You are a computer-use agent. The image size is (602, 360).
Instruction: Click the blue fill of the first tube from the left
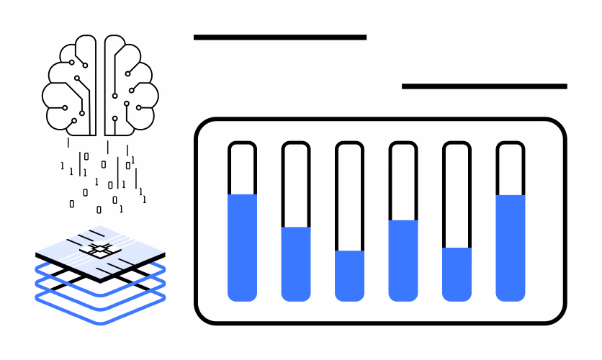click(x=242, y=248)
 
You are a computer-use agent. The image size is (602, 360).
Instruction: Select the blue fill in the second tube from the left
click(x=296, y=264)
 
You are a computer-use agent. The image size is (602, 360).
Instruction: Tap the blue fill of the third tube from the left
click(x=349, y=276)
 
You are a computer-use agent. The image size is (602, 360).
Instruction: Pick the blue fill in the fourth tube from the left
click(x=403, y=261)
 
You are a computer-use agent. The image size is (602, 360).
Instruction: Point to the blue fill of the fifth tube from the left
click(x=457, y=274)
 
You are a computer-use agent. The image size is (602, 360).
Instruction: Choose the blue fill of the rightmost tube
click(x=511, y=248)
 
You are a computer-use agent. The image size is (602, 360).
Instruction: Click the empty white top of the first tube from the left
click(x=242, y=170)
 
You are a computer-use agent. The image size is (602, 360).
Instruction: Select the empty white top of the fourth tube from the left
click(x=403, y=183)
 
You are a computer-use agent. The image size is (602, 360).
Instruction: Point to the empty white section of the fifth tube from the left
click(x=457, y=197)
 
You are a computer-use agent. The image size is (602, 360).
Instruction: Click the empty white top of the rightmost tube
click(x=511, y=170)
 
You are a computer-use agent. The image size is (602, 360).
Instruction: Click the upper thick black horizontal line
click(x=280, y=37)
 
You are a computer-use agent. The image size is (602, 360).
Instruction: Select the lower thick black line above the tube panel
click(x=485, y=86)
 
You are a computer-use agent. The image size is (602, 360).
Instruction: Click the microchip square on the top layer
click(x=100, y=251)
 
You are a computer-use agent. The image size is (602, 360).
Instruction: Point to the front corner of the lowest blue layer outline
click(x=101, y=323)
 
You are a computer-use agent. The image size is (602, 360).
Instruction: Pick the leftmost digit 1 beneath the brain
click(x=62, y=166)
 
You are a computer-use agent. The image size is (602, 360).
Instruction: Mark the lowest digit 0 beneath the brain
click(x=99, y=210)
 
